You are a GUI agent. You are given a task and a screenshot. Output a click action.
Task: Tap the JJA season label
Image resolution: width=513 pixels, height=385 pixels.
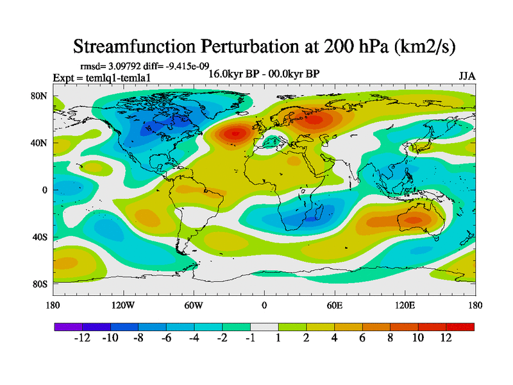pyautogui.click(x=467, y=76)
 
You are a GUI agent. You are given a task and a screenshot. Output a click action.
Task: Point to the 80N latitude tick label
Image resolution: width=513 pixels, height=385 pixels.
pyautogui.click(x=40, y=97)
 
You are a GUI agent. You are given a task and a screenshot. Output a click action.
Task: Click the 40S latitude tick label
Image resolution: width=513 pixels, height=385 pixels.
pyautogui.click(x=40, y=237)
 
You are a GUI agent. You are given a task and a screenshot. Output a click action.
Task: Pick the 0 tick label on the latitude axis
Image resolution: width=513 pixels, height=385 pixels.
pyautogui.click(x=45, y=190)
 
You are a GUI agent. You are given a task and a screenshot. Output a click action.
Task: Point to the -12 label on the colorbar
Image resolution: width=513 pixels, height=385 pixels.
pyautogui.click(x=83, y=338)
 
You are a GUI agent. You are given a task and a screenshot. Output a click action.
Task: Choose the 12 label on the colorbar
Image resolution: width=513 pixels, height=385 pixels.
pyautogui.click(x=446, y=338)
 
